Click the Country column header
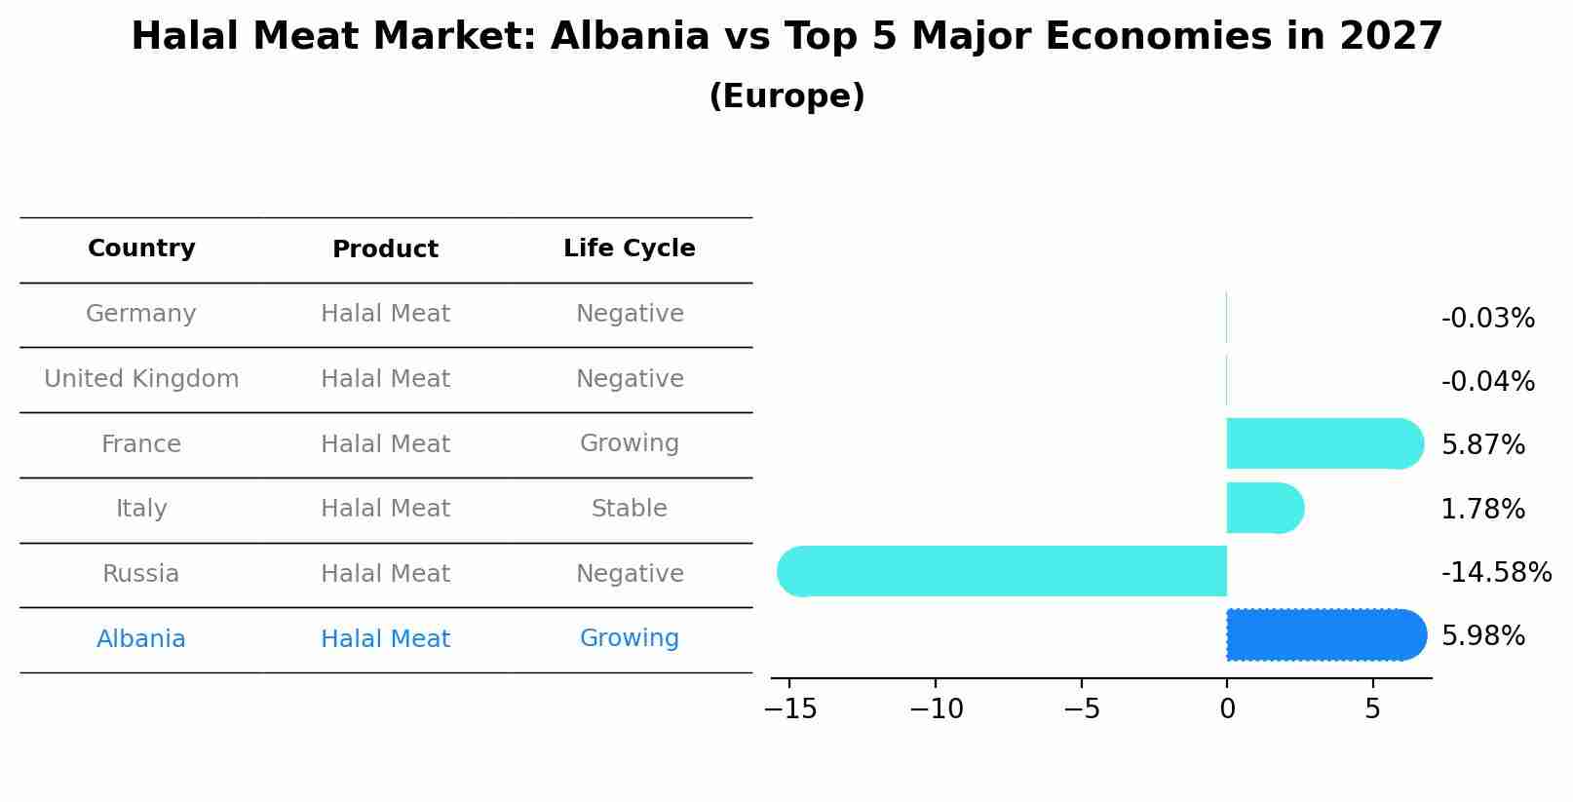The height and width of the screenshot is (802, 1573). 141,248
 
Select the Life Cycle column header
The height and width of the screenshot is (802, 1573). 629,248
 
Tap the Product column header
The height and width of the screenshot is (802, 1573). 385,249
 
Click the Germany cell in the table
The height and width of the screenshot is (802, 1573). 141,314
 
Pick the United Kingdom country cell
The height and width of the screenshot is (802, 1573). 141,379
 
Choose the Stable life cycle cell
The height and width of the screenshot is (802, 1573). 629,509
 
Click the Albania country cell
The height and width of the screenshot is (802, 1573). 141,639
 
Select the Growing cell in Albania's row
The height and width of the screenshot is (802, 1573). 629,638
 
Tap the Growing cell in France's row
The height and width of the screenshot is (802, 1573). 629,443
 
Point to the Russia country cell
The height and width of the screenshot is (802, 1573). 141,574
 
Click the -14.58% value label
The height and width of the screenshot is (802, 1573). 1496,572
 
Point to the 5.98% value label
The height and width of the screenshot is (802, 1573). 1482,636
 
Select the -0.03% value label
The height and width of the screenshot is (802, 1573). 1487,319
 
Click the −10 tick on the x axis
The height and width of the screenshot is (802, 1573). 936,709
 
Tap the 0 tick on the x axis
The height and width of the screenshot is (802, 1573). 1227,709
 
